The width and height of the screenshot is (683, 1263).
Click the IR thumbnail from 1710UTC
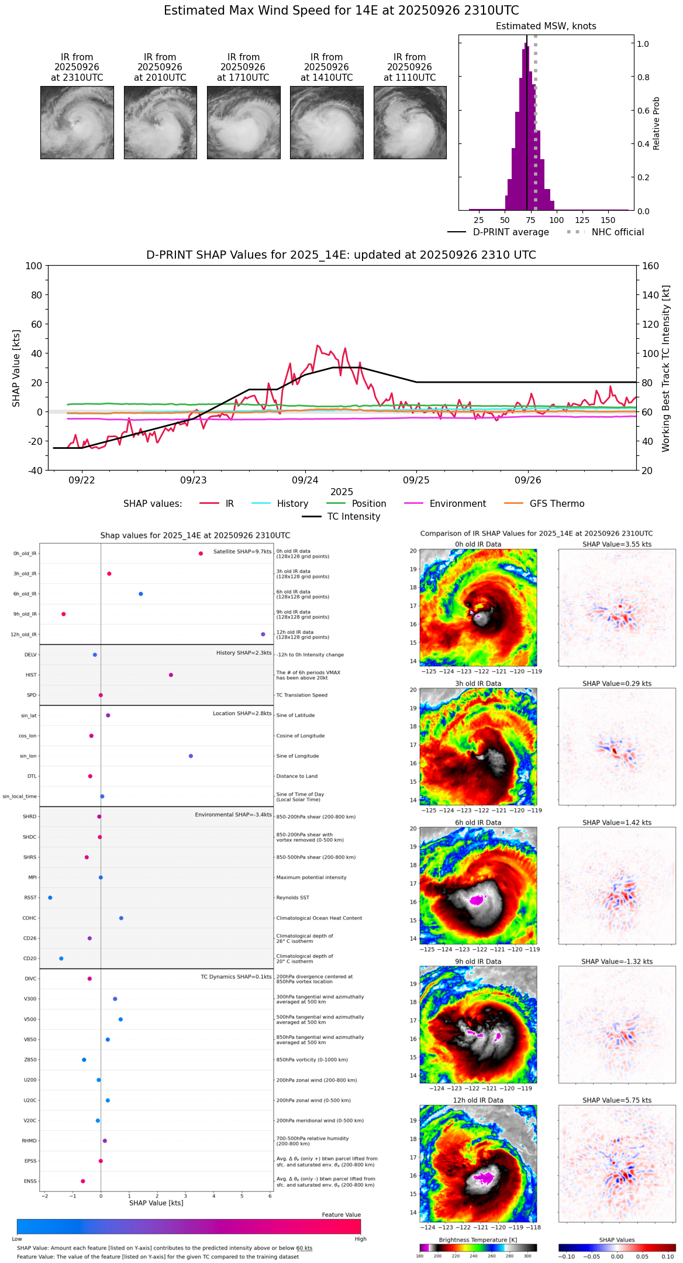point(243,122)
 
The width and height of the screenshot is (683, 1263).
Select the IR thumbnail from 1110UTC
point(410,122)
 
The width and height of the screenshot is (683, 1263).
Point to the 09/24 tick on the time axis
point(305,480)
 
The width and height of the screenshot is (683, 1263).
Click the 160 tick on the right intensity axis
point(651,266)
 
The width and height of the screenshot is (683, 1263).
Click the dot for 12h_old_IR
point(263,634)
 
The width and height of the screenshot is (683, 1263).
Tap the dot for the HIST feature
point(171,675)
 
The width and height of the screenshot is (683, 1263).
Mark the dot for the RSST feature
point(50,897)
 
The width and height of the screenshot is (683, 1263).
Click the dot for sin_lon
point(191,756)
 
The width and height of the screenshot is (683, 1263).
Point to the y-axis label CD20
point(30,959)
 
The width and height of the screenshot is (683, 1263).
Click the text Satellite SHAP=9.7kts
point(242,552)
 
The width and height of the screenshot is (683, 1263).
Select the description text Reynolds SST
point(292,898)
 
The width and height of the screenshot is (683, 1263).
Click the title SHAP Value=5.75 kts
point(616,1100)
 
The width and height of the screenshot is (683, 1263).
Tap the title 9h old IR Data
point(478,962)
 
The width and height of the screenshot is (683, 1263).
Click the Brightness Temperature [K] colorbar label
point(478,1240)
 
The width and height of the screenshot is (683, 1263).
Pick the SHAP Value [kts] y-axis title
point(16,368)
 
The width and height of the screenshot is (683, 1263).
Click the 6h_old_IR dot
point(140,594)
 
